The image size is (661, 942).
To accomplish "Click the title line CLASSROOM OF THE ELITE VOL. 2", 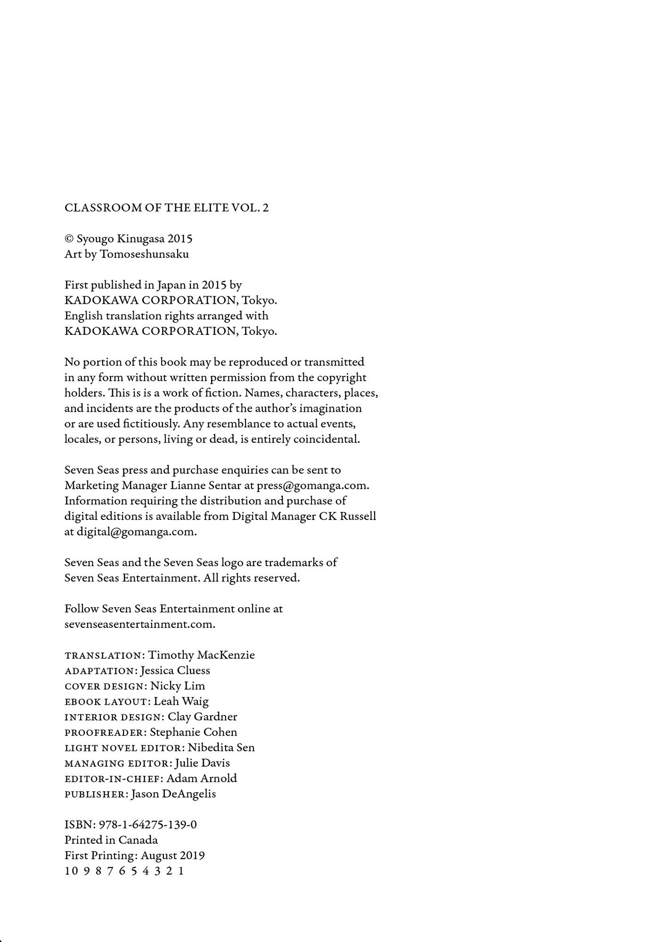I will pyautogui.click(x=166, y=208).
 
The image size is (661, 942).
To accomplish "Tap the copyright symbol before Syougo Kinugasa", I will pyautogui.click(x=69, y=239).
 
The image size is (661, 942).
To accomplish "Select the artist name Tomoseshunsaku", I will pyautogui.click(x=144, y=254).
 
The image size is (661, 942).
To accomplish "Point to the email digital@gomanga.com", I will pyautogui.click(x=136, y=532).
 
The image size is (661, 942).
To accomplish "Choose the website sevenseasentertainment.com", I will pyautogui.click(x=139, y=624).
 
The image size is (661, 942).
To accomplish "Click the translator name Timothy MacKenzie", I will pyautogui.click(x=201, y=655).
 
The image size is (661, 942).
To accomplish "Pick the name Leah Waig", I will pyautogui.click(x=181, y=701).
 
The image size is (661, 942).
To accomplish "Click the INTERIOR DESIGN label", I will pyautogui.click(x=114, y=717).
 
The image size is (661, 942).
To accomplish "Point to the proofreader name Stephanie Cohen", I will pyautogui.click(x=193, y=732).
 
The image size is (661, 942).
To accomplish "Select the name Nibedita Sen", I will pyautogui.click(x=221, y=747).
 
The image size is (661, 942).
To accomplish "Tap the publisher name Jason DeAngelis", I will pyautogui.click(x=173, y=794).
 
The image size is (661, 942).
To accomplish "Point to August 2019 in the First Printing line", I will pyautogui.click(x=172, y=856).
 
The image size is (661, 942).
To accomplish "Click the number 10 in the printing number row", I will pyautogui.click(x=71, y=871).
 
